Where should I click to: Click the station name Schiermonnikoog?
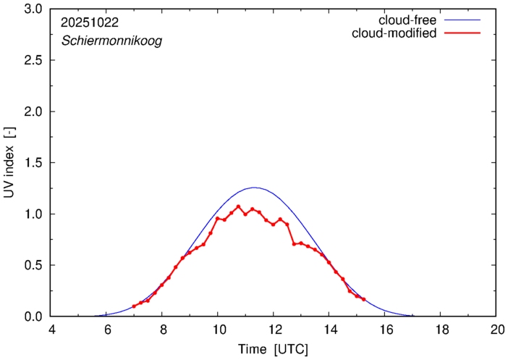tap(111, 41)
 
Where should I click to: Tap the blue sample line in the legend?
tap(464, 20)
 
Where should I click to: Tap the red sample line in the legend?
tap(464, 34)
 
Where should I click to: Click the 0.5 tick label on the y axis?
tap(33, 265)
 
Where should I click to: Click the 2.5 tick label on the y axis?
tap(33, 61)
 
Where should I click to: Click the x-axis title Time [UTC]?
tap(274, 349)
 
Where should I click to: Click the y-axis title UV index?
tap(9, 163)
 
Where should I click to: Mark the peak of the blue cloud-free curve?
tap(254, 188)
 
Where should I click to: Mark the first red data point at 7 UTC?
tap(134, 306)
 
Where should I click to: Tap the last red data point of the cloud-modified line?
tap(363, 299)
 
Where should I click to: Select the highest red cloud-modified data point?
tap(238, 206)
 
